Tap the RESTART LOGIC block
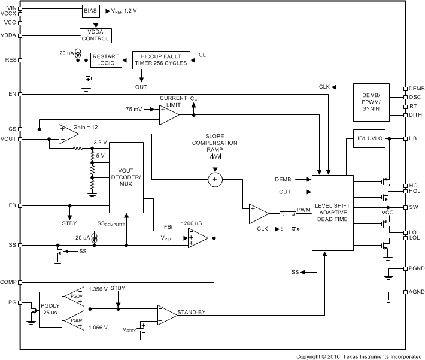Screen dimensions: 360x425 click(x=105, y=60)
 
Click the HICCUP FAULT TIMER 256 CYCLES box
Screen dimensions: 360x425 click(x=159, y=60)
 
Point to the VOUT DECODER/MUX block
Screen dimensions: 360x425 click(x=126, y=177)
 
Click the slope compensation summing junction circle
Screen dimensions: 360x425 click(x=215, y=179)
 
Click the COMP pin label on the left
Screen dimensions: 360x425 click(x=8, y=282)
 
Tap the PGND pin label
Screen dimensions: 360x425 click(x=416, y=269)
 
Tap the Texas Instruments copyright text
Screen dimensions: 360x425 click(x=359, y=356)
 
